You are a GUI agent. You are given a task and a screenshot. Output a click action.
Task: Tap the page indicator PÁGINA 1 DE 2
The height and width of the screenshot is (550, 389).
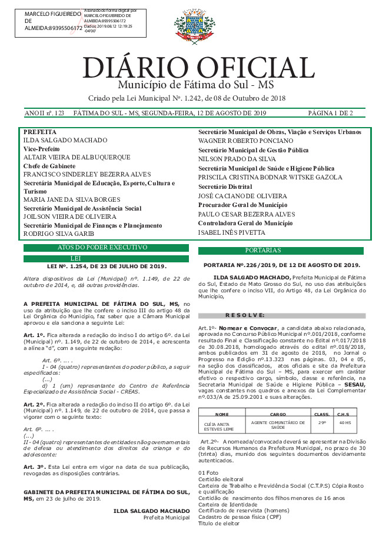(x=330, y=112)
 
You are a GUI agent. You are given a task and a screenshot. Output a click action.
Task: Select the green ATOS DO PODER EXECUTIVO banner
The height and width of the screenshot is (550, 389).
(x=107, y=248)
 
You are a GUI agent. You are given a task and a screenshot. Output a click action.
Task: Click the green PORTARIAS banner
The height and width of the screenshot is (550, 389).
(x=284, y=251)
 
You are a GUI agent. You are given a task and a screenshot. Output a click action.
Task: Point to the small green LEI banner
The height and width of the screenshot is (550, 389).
(x=107, y=258)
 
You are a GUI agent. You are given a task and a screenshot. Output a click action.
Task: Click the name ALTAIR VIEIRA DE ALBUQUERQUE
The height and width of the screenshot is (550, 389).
(x=77, y=158)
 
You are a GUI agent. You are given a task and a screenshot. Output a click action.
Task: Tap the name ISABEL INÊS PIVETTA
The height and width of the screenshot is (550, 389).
(x=231, y=232)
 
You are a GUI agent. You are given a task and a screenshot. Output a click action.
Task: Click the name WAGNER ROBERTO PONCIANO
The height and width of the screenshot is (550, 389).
(x=245, y=141)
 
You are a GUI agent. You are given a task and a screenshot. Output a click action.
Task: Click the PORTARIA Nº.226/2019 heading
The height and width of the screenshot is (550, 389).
(x=281, y=265)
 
